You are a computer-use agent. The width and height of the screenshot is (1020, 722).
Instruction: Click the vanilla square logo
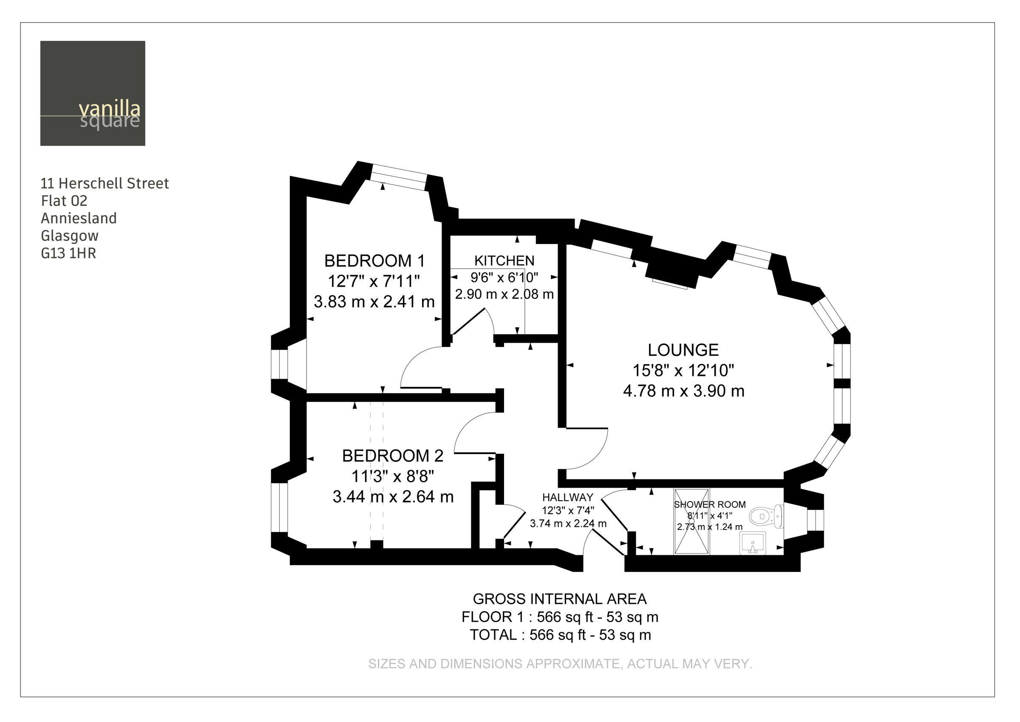point(92,94)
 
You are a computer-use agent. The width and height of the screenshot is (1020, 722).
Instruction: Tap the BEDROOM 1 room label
point(374,261)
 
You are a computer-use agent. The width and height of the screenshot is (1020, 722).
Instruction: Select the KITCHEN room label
point(504,261)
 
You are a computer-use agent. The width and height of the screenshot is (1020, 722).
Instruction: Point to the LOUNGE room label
point(683,350)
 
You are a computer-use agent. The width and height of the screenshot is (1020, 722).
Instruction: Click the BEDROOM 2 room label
point(393,456)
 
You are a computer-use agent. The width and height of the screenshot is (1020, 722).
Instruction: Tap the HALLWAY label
point(567,497)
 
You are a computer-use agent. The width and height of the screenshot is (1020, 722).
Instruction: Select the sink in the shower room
point(753,543)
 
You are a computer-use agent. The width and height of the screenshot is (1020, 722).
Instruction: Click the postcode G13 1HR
point(68,253)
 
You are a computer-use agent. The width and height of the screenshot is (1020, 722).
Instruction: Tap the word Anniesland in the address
point(79,218)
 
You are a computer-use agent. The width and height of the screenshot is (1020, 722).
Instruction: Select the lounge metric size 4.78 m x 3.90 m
point(683,391)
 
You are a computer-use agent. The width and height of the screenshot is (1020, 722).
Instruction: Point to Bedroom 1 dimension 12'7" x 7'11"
point(374,281)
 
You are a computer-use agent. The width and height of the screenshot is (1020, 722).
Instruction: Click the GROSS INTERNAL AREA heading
point(559,599)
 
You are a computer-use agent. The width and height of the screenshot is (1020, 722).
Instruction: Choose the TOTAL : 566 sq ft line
point(560,635)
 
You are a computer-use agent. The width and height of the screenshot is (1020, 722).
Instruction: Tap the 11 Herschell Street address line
point(105,184)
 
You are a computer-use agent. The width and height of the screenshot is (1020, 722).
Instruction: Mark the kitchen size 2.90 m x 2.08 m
point(504,294)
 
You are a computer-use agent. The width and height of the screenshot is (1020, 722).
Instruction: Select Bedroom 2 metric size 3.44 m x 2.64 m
point(393,497)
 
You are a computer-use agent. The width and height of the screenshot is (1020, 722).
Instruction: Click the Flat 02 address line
point(64,201)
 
